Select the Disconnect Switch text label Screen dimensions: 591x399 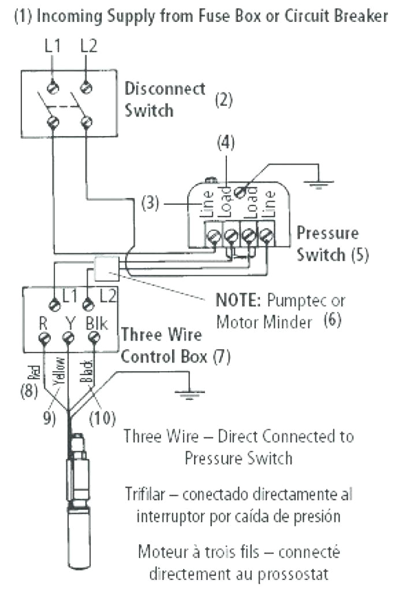165,99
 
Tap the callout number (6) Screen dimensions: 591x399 332,320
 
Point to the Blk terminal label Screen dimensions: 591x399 96,322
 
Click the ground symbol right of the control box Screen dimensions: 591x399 185,394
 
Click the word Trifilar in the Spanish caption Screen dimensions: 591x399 146,495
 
